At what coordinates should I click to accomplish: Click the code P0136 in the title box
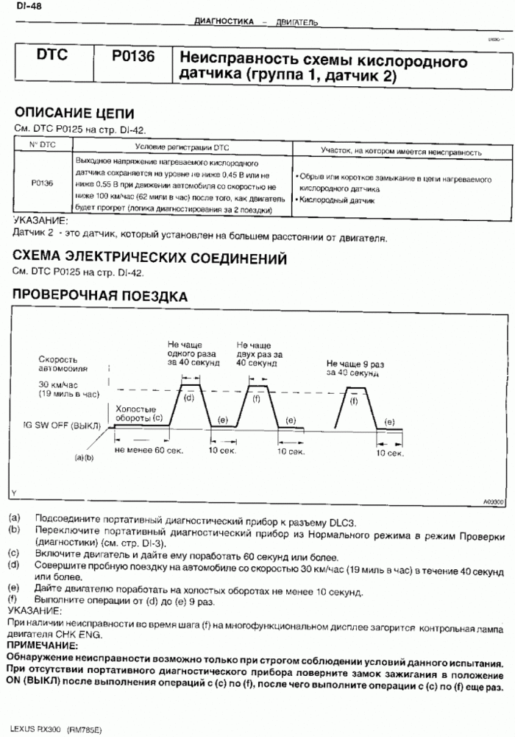[x=133, y=57]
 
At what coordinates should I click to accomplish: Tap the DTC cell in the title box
[x=55, y=57]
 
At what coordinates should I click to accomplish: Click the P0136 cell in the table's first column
[x=43, y=185]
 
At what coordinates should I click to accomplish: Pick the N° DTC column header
[x=43, y=146]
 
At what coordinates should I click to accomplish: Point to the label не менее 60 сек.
[x=149, y=449]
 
